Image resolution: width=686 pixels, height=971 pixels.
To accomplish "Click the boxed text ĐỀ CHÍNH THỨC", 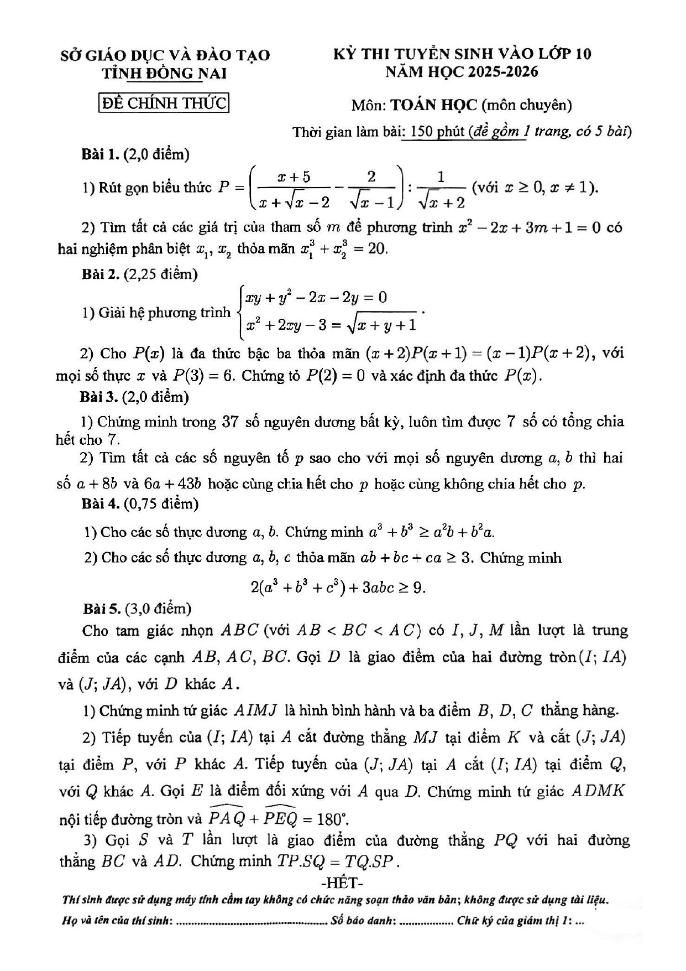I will (164, 103).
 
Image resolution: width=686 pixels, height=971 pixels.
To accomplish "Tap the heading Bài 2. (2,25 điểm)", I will (139, 274).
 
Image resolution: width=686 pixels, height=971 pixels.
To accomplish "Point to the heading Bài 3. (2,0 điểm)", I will (135, 397).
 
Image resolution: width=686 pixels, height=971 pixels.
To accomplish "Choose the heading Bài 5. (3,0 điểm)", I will (137, 609).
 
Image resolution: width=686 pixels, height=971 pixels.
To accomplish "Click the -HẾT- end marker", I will (342, 881).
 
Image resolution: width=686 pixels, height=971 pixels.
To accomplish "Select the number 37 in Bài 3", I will (229, 422).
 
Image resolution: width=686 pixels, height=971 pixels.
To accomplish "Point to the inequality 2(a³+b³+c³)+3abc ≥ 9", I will (338, 587).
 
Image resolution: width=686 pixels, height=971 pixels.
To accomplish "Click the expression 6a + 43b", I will (172, 484).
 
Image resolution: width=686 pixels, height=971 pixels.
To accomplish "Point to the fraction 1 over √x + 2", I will (441, 190).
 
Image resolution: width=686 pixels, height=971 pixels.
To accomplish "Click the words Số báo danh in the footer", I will (363, 921).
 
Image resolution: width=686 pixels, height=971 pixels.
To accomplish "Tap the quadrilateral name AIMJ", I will (256, 711).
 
